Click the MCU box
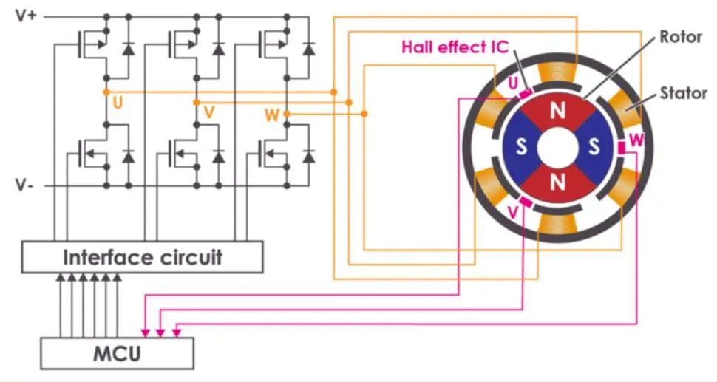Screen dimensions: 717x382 (117, 353)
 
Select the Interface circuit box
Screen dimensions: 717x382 (142, 257)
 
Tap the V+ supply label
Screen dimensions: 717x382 (26, 16)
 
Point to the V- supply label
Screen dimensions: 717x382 (24, 185)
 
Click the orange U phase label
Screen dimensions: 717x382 (118, 103)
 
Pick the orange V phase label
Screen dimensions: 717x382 (209, 112)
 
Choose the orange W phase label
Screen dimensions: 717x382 (272, 115)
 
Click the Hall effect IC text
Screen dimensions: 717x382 (455, 47)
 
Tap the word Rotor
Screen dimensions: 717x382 (681, 37)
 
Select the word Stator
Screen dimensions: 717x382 (683, 93)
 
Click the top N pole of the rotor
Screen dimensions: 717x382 (557, 110)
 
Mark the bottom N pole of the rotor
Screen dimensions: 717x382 (557, 183)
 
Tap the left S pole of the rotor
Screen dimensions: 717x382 (521, 147)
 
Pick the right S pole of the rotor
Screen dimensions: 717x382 (593, 147)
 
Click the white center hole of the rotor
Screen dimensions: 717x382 (557, 147)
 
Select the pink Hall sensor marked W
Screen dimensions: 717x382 (622, 148)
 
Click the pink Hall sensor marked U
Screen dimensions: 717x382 (526, 94)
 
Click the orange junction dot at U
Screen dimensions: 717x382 (106, 92)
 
